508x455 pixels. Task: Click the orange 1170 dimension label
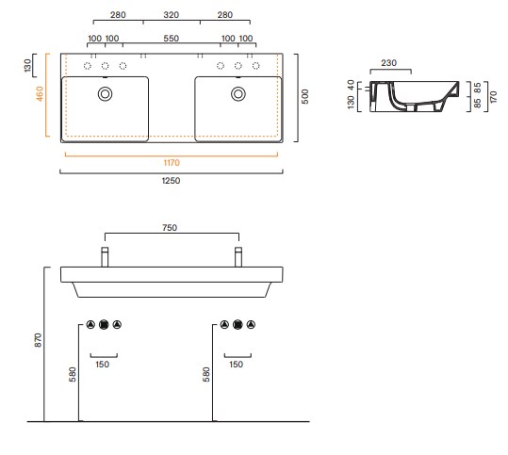[172, 163]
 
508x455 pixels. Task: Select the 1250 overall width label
[172, 180]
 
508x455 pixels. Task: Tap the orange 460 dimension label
[40, 93]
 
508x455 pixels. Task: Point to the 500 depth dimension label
[304, 96]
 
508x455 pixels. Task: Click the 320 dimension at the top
[172, 15]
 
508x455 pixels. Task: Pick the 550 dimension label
[172, 39]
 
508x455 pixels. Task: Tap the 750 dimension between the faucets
[170, 228]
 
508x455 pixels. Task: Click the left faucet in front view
[105, 257]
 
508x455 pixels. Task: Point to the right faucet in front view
[238, 257]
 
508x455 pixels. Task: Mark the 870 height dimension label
[39, 340]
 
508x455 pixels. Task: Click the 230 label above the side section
[388, 63]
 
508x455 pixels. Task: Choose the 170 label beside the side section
[494, 97]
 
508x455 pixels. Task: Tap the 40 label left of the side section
[351, 85]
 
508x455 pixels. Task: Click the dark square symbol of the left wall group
[104, 324]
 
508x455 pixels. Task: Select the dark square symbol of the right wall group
[238, 324]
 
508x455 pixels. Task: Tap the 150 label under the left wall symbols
[103, 365]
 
